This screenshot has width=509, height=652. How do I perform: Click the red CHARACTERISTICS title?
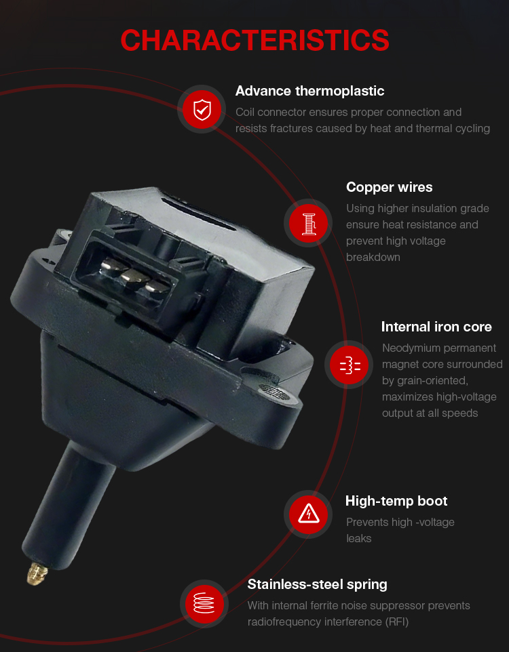coord(254,41)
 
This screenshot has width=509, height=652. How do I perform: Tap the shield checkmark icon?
coord(202,109)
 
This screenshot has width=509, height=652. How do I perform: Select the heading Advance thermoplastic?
coord(309,91)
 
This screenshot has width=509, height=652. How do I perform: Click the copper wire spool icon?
coord(309,223)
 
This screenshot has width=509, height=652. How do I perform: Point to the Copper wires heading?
coord(389,188)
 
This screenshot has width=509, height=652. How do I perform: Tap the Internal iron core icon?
coord(349,365)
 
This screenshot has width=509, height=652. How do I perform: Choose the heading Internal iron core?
coord(436,327)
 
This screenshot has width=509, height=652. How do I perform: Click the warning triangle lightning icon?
coord(309,514)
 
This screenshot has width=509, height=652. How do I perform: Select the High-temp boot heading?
coord(396,501)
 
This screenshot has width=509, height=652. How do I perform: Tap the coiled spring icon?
coord(204,603)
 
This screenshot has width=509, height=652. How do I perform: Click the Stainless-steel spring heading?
coord(317,585)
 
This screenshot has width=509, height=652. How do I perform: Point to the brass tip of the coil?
coord(37,574)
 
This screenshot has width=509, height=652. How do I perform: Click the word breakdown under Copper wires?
coord(373,258)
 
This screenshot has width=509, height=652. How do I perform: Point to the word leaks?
coord(358,539)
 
